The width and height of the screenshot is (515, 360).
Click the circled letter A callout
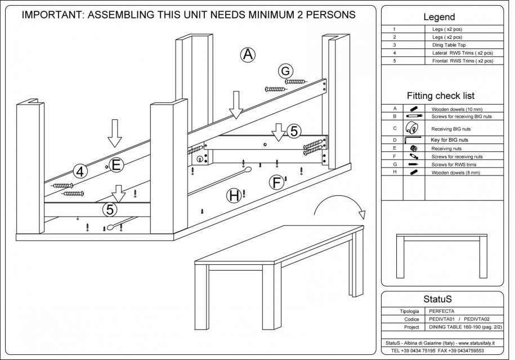pyautogui.click(x=248, y=55)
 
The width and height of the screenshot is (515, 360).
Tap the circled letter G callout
pyautogui.click(x=286, y=71)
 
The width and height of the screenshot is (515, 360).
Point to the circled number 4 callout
pyautogui.click(x=80, y=172)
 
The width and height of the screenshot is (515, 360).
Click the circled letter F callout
pyautogui.click(x=276, y=182)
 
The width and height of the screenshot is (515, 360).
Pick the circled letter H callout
pyautogui.click(x=234, y=196)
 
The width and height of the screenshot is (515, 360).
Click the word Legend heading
pyautogui.click(x=439, y=17)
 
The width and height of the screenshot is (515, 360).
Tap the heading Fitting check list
pyautogui.click(x=441, y=96)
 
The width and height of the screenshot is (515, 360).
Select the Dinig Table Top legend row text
pyautogui.click(x=448, y=44)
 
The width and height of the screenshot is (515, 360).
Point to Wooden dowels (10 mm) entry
pyautogui.click(x=456, y=109)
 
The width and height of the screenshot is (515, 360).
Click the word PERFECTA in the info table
pyautogui.click(x=442, y=310)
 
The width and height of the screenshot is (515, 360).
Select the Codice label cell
pyautogui.click(x=412, y=319)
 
